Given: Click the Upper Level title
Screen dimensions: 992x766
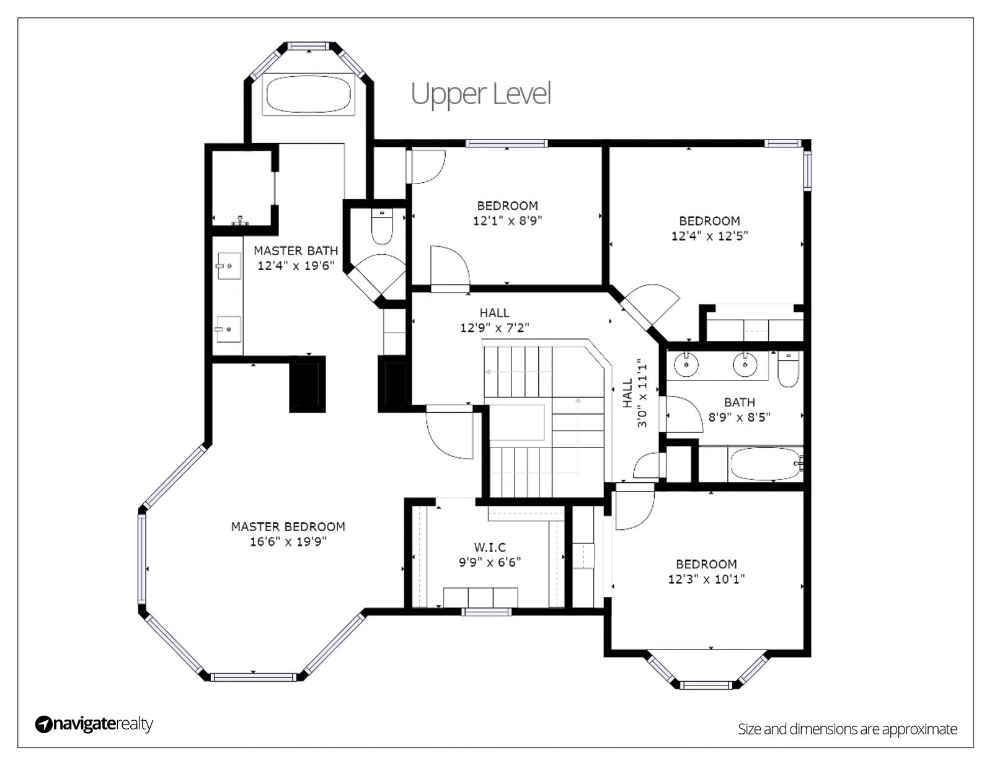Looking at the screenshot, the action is point(480,94).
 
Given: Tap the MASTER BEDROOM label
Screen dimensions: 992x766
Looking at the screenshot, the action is point(288,527).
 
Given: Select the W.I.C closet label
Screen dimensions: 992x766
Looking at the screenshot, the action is point(490,547).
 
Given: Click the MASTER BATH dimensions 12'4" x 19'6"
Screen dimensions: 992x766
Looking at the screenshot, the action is point(296,265).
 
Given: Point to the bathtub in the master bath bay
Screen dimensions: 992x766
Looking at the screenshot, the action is point(309,94).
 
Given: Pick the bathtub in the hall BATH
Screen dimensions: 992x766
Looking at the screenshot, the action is point(766,464).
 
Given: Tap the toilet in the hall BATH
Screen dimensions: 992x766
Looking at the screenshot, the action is point(789,369).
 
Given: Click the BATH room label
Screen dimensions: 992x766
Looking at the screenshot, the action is point(740,402).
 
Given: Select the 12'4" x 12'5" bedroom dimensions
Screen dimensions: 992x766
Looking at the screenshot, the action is point(709,236).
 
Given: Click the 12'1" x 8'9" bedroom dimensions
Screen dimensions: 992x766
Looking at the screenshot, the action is point(507,221).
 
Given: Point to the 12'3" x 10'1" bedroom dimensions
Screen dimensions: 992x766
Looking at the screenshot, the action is point(706,579).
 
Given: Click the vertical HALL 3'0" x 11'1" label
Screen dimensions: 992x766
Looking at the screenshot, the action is point(635,395).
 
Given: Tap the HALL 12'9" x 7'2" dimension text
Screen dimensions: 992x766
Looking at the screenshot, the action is point(494,328).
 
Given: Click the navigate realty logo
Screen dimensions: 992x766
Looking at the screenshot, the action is point(94,724).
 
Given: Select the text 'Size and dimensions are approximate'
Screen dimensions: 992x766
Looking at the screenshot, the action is point(848,729).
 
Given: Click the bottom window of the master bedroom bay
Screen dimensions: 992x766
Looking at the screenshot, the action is point(254,677).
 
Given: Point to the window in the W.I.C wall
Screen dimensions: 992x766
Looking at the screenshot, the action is point(486,612).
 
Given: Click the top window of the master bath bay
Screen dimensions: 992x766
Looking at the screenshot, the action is point(309,46).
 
